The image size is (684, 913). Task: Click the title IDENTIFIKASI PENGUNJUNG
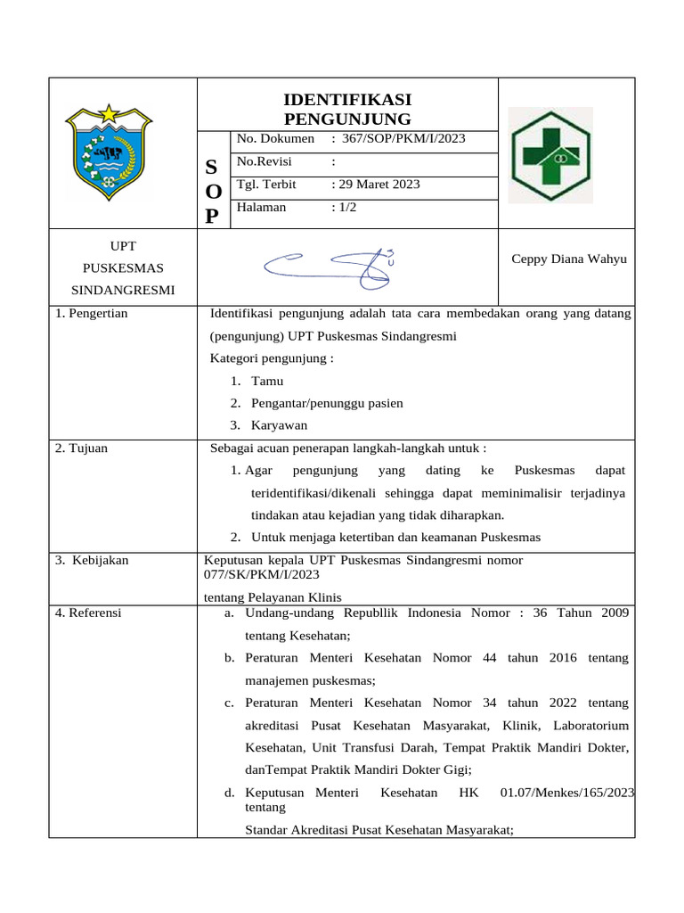346,109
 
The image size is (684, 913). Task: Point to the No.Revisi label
264,161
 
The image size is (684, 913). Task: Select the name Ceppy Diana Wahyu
568,259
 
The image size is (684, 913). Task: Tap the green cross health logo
549,156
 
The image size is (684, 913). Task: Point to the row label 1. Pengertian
92,313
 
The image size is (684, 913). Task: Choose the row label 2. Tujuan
81,448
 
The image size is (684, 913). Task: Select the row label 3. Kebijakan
92,560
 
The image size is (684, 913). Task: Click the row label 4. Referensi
88,613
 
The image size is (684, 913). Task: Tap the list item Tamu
267,381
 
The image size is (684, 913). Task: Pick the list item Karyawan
279,425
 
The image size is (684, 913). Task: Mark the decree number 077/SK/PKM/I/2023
261,575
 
